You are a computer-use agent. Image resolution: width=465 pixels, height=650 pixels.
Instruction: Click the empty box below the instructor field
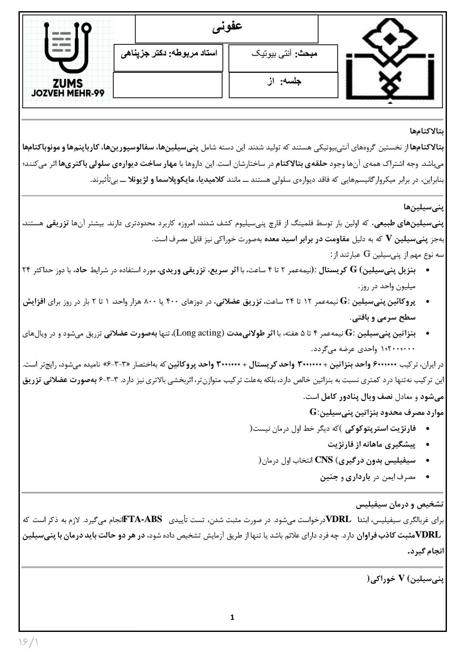168,85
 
